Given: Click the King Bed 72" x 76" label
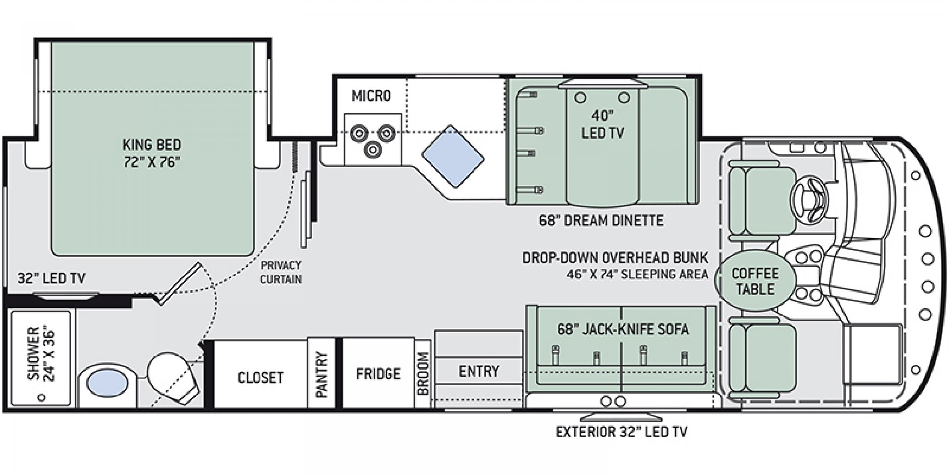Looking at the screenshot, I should click(x=152, y=153).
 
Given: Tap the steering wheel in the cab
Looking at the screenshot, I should click(x=810, y=193).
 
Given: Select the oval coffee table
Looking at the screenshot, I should click(x=755, y=281).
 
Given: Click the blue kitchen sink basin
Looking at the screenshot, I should click(x=453, y=156).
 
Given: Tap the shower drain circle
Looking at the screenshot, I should click(x=42, y=396).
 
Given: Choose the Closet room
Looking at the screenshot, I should click(x=260, y=378).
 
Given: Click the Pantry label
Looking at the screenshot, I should click(x=321, y=374).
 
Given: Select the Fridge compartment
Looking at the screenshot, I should click(x=378, y=374).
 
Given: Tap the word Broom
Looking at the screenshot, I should click(x=423, y=374).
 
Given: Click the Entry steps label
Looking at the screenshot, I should click(x=478, y=371).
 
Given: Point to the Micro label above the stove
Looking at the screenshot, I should click(x=371, y=96).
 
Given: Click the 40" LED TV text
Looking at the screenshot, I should click(x=603, y=124).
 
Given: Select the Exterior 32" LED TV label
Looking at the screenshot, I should click(x=621, y=432).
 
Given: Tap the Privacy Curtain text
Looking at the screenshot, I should click(x=281, y=272).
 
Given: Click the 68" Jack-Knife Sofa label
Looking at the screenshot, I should click(x=623, y=329).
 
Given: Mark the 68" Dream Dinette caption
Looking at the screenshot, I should click(x=601, y=220).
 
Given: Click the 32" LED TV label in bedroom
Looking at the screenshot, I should click(x=51, y=278).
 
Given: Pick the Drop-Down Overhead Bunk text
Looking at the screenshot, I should click(x=615, y=258).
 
